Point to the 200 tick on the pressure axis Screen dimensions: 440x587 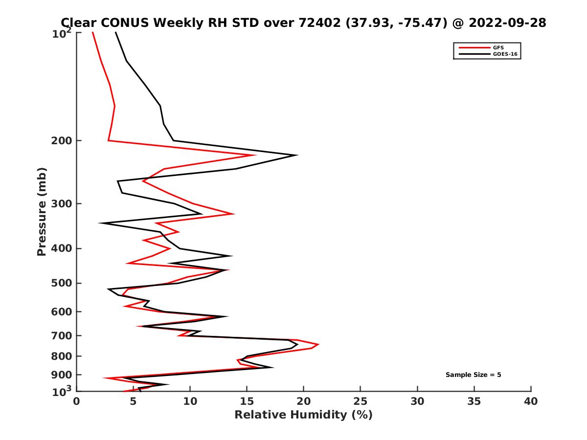point(62,141)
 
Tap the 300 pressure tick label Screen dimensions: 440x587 point(62,204)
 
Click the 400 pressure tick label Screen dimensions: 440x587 point(62,248)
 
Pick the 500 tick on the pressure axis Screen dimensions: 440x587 point(62,283)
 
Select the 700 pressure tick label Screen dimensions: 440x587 point(62,335)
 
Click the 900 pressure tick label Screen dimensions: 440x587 point(62,375)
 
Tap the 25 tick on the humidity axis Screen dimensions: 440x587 point(361,402)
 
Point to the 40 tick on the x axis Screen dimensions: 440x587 point(531,402)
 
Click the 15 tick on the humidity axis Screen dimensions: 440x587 point(247,402)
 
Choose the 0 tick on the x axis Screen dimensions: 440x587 point(77,402)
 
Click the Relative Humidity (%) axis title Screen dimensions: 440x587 point(303,415)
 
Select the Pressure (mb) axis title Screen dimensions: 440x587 point(42,211)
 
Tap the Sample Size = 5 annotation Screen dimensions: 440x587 point(473,375)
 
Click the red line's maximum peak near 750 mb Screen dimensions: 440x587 point(318,345)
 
